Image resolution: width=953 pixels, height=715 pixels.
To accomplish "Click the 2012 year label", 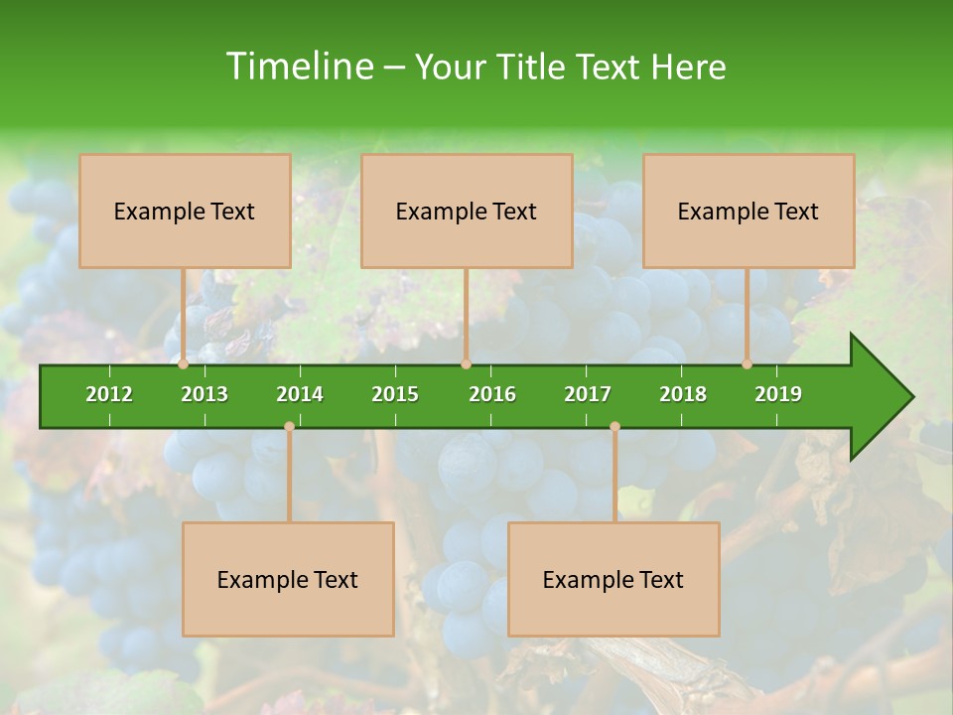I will tap(109, 394).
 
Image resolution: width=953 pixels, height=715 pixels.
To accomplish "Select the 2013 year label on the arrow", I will tap(204, 394).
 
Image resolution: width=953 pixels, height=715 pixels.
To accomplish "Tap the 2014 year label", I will tap(300, 394).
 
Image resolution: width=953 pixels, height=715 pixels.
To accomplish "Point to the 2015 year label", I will tap(395, 394).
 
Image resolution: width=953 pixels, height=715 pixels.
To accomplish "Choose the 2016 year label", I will tap(492, 394).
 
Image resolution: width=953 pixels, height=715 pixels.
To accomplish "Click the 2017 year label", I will tap(588, 394).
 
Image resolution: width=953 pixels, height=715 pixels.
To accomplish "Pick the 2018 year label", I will tap(683, 394).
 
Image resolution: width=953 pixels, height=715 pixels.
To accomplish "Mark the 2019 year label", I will tap(778, 394).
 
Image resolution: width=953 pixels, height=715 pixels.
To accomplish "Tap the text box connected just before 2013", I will tap(185, 211).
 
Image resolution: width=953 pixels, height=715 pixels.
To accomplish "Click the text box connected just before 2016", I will tap(467, 211).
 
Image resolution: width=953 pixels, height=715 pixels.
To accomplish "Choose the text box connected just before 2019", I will tap(749, 211).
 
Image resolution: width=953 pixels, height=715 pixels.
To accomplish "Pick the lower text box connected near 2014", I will tap(288, 579).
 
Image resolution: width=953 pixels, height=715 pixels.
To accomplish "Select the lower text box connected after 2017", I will tap(613, 579).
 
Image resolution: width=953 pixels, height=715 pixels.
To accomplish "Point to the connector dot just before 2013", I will tap(184, 364).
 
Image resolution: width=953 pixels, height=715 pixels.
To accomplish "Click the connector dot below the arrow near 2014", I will tap(289, 427).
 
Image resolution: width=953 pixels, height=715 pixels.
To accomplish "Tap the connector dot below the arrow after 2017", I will tap(614, 427).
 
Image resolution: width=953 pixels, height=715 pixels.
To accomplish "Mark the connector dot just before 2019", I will tap(748, 364).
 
